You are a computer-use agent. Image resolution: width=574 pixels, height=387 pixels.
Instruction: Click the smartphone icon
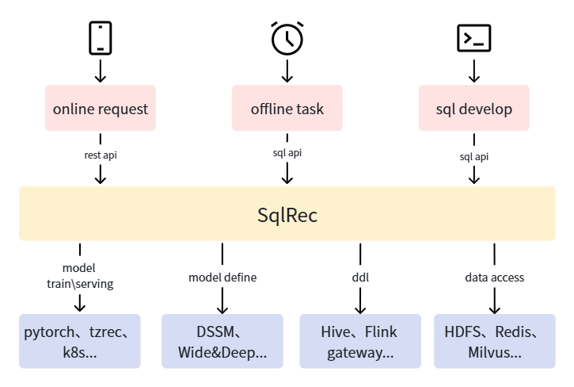(100, 37)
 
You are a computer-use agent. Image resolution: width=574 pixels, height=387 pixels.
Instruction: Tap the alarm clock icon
(287, 38)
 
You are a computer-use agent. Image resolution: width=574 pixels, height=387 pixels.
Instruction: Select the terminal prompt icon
(473, 37)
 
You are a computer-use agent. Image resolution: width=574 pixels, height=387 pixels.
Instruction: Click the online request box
(101, 109)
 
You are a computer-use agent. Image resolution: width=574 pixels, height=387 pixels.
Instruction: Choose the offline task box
(287, 109)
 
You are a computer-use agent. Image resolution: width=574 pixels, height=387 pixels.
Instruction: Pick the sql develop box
(473, 109)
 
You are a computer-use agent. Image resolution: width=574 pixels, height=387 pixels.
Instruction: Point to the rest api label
(101, 155)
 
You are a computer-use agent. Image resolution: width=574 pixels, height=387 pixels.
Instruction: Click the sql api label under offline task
(287, 152)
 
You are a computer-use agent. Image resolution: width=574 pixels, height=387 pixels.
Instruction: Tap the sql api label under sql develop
(473, 156)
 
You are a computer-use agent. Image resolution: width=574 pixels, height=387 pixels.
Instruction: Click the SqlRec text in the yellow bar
(287, 214)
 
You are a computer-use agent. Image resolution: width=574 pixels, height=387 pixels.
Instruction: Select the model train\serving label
(78, 275)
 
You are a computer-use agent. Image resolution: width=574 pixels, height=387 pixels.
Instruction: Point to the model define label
(222, 278)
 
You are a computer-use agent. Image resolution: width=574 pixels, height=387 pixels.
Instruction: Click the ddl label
(360, 278)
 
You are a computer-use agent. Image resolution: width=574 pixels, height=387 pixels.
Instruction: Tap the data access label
(494, 278)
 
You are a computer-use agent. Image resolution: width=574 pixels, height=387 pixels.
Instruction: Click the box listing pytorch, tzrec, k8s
(79, 341)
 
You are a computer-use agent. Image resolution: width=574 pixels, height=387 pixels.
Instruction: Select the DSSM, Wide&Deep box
(222, 341)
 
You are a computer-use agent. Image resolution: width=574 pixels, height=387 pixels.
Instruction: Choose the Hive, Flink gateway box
(360, 341)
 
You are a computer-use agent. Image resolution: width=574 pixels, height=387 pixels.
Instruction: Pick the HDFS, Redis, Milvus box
(494, 341)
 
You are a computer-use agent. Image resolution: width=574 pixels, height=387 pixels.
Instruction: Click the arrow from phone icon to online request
(100, 72)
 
